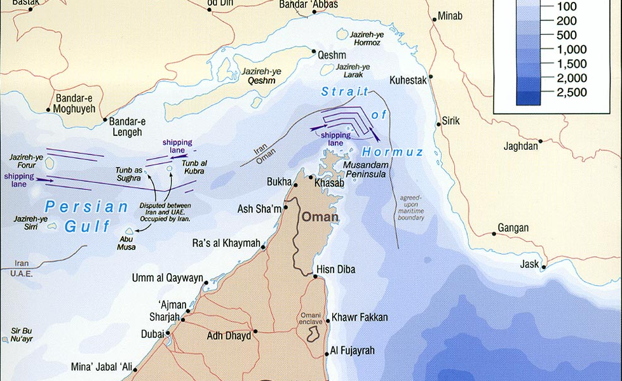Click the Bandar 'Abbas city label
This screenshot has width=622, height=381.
click(x=308, y=4)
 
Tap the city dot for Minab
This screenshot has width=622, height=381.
click(x=434, y=17)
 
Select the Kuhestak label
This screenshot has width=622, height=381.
click(x=410, y=80)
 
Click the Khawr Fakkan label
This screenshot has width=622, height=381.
click(x=360, y=317)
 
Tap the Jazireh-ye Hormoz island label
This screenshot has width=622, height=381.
click(x=360, y=38)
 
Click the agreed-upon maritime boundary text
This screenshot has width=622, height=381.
click(x=411, y=208)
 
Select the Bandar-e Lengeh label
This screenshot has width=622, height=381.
click(x=127, y=126)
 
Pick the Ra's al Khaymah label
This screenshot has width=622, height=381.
click(x=227, y=244)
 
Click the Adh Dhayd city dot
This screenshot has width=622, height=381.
click(x=255, y=331)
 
